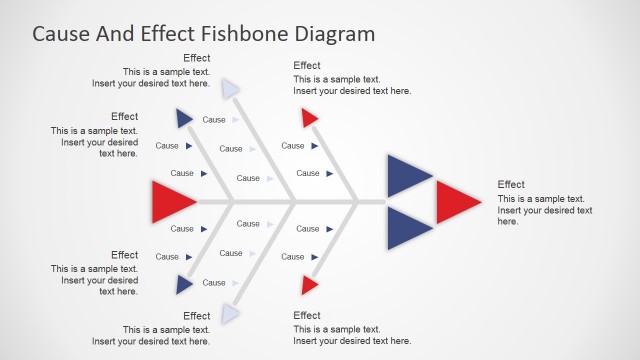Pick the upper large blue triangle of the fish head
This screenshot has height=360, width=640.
[x=405, y=176]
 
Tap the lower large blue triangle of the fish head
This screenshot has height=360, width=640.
[x=405, y=228]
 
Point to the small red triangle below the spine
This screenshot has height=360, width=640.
[x=310, y=286]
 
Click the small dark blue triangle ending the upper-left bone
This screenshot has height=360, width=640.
[x=184, y=119]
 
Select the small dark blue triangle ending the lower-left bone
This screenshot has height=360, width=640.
[x=184, y=285]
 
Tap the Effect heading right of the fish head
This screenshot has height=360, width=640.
[x=511, y=184]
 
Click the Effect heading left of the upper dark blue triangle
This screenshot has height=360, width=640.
[x=125, y=116]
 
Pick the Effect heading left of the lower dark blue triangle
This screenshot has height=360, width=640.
[x=125, y=255]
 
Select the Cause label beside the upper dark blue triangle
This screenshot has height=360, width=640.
[x=214, y=120]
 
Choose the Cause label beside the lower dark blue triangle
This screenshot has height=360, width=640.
[x=214, y=283]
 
